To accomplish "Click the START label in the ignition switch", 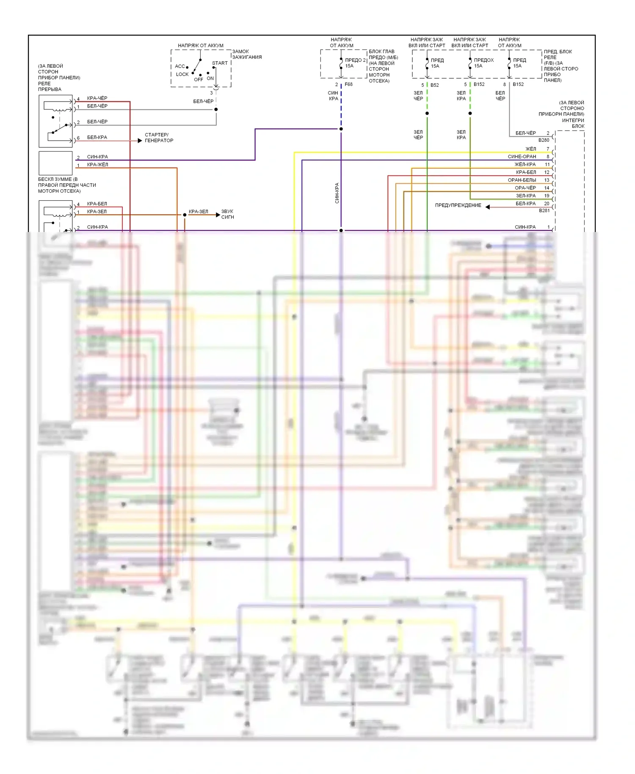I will click(x=220, y=63).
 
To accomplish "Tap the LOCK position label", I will click(x=182, y=74).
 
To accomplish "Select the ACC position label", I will click(x=180, y=66).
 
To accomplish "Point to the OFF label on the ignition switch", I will click(x=198, y=80).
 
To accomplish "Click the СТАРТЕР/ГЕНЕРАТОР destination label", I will click(x=159, y=138).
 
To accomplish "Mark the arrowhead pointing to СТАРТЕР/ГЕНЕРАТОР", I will click(x=140, y=141).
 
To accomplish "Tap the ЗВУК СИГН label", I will click(x=227, y=214).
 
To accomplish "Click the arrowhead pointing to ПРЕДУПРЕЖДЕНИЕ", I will click(x=488, y=207).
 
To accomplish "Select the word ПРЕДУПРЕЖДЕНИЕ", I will click(x=458, y=205).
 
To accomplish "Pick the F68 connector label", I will click(x=348, y=84).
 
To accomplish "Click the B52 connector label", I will click(x=434, y=85).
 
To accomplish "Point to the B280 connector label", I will click(x=544, y=140).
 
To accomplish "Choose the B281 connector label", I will click(x=544, y=210).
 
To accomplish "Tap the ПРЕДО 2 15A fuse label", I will click(x=355, y=63).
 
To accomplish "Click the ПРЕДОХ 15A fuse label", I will click(x=483, y=63).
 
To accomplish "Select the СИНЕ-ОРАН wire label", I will click(x=522, y=157).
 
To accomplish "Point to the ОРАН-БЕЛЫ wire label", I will click(x=522, y=180).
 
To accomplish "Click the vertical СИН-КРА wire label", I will click(x=337, y=193).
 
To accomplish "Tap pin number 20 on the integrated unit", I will click(x=547, y=204).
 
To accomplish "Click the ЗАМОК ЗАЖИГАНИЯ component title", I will click(x=246, y=54).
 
